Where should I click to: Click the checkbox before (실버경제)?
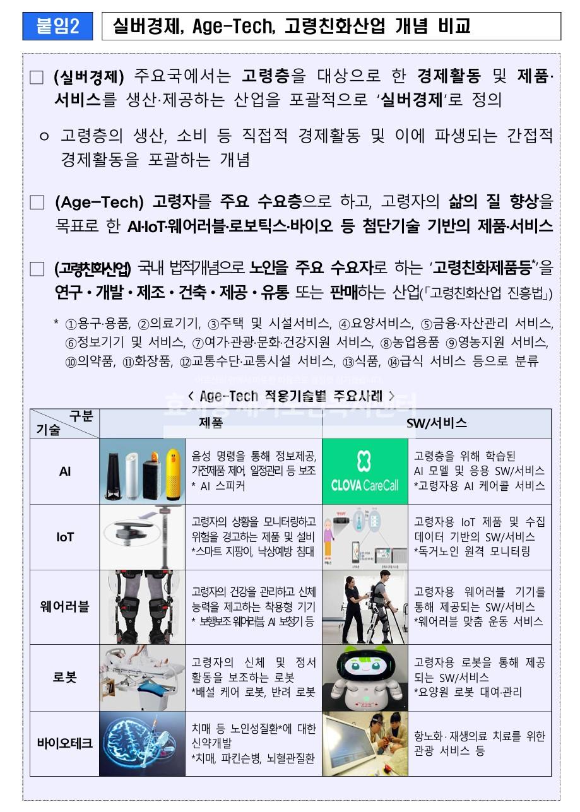point(37,78)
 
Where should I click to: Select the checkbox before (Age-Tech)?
point(37,203)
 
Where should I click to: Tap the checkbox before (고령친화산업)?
point(37,269)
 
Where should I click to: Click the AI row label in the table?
point(65,471)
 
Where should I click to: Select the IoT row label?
point(65,537)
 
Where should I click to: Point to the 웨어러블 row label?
point(65,607)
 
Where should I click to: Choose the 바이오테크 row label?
point(65,743)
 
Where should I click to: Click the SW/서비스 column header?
point(437,423)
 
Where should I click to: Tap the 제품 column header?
point(211,423)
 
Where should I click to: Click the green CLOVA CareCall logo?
point(365,471)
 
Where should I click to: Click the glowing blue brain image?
point(142,743)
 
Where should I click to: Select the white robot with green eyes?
point(365,676)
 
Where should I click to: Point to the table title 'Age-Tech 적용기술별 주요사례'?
point(291,396)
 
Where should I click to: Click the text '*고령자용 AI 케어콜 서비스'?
point(479,486)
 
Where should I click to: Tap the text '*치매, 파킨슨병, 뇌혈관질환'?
point(254,758)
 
